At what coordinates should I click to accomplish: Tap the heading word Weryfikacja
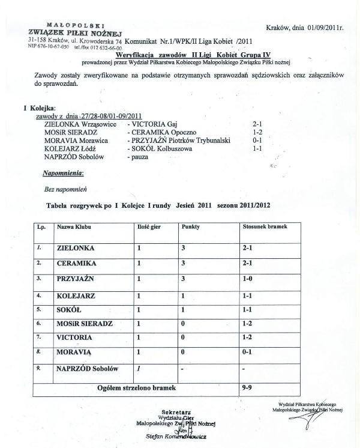(139, 55)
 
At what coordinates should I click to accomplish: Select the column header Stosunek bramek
(264, 228)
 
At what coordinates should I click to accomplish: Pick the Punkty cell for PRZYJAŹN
(182, 279)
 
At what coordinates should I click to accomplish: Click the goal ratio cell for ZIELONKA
(248, 247)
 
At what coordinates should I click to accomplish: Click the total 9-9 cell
(247, 388)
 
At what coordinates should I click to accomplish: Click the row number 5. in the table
(39, 310)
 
